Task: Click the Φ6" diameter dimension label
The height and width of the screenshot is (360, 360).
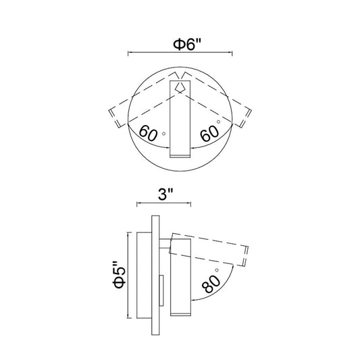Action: pyautogui.click(x=187, y=45)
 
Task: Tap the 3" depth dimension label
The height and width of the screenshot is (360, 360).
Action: pyautogui.click(x=165, y=195)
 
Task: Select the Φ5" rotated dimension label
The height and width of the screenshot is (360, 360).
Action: pyautogui.click(x=119, y=275)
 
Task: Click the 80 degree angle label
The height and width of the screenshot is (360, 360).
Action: pyautogui.click(x=211, y=284)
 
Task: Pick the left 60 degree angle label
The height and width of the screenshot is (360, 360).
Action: pyautogui.click(x=149, y=132)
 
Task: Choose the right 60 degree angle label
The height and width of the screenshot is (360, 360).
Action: pyautogui.click(x=209, y=134)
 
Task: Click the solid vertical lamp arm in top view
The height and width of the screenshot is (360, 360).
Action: pyautogui.click(x=180, y=119)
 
